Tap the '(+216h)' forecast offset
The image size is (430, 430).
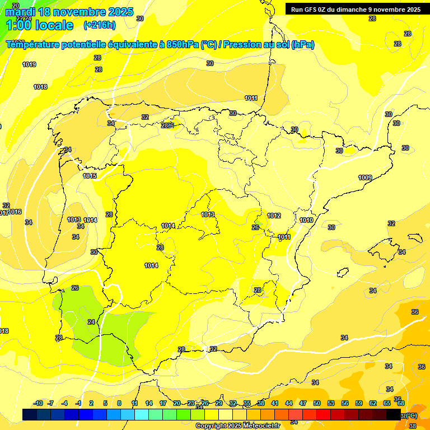100,25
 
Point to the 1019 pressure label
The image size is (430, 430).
29,64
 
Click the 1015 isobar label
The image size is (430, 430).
90,176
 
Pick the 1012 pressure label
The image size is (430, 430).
274,216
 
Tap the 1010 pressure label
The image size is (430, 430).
306,220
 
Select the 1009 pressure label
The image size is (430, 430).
365,177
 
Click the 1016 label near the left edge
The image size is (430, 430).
15,212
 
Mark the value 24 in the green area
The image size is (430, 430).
91,322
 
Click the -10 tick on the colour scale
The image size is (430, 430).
38,403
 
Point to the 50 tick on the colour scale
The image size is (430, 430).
317,403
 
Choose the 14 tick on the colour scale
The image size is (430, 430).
149,403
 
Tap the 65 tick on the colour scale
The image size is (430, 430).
387,403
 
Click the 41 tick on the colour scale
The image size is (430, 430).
275,403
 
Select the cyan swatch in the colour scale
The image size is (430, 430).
142,414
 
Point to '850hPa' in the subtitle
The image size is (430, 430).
183,45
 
